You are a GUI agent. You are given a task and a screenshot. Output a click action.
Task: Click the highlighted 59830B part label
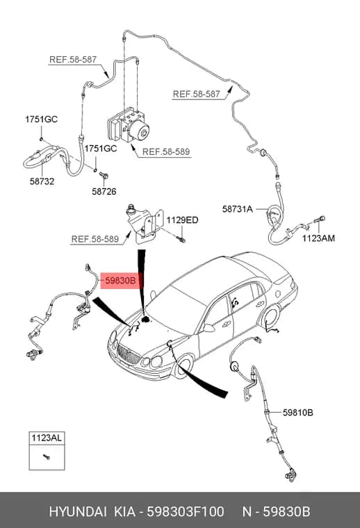tap(120, 280)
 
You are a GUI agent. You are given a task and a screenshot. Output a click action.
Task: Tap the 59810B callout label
tap(297, 412)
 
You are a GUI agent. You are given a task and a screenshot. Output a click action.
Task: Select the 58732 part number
tap(42, 181)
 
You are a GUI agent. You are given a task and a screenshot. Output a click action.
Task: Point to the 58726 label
tap(104, 192)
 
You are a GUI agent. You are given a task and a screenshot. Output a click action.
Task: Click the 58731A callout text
tap(238, 209)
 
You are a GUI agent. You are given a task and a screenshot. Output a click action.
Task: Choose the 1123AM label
tap(318, 238)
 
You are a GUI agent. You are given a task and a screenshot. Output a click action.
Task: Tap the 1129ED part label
tap(183, 220)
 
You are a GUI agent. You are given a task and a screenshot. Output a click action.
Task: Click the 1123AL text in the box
tap(47, 438)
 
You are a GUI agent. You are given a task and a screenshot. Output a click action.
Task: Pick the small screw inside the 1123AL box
tap(47, 456)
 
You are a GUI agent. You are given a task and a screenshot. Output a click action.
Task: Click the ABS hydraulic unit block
tap(129, 124)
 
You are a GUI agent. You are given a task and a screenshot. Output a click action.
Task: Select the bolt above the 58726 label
tap(104, 175)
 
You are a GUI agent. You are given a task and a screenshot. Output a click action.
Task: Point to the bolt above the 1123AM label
tap(320, 220)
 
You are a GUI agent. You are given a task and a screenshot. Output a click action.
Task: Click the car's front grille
tap(129, 354)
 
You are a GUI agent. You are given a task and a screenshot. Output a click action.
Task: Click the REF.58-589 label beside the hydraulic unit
tap(166, 152)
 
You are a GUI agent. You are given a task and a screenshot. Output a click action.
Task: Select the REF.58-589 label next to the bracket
tap(95, 240)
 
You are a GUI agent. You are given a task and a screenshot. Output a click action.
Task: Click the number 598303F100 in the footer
tap(185, 511)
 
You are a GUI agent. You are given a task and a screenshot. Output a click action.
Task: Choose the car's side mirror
tap(208, 328)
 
